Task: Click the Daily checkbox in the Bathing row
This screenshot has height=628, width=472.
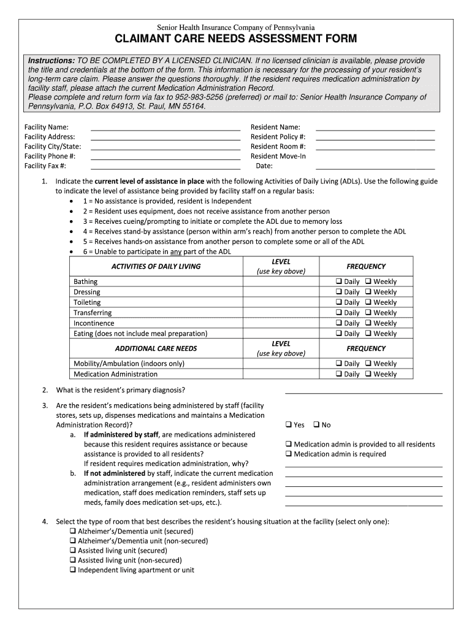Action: coord(338,281)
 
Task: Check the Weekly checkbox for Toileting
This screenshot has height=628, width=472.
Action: coord(368,302)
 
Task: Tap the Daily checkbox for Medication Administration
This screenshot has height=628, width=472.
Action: coord(338,374)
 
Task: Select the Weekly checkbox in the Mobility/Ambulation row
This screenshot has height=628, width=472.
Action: coord(368,364)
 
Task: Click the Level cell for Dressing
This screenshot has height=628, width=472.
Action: coord(281,292)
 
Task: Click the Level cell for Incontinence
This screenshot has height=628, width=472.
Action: coord(281,323)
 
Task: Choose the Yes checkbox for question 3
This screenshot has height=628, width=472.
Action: coord(289,424)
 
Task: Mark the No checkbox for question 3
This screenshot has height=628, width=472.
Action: coord(316,424)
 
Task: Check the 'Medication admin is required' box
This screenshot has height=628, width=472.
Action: coord(289,454)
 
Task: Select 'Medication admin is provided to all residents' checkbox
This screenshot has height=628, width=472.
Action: coord(289,444)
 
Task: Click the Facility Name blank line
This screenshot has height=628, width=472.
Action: coord(166,129)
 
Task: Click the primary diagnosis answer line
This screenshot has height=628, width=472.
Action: coord(364,391)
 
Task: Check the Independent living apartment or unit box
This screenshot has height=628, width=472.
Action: coord(73,570)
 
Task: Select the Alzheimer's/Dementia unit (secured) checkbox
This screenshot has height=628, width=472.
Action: coord(73,530)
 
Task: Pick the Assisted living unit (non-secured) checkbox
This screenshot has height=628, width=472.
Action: coord(73,560)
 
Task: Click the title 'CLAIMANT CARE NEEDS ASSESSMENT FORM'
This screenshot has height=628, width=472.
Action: coord(236,40)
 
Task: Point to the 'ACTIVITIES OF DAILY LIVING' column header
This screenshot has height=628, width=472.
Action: coord(156,266)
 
